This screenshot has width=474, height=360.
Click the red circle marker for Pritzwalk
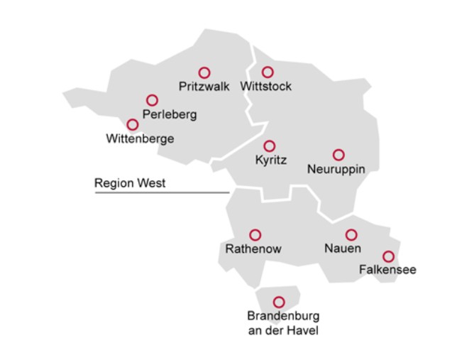click(204, 72)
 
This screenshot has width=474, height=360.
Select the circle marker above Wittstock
click(268, 72)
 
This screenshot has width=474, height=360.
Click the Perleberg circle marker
click(152, 100)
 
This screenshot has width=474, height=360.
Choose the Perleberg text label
click(169, 114)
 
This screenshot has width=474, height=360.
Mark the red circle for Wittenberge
click(132, 125)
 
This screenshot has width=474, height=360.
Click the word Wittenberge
click(140, 139)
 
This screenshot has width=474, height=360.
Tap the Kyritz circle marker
click(270, 146)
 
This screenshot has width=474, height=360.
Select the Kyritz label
click(270, 160)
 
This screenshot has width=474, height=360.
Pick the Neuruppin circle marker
click(338, 155)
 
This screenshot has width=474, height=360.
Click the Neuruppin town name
click(336, 169)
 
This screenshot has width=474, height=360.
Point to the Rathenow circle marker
click(255, 234)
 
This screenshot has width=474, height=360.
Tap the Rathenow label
click(253, 249)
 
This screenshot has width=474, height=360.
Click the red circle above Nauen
click(351, 234)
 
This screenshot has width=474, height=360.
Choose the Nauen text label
click(343, 249)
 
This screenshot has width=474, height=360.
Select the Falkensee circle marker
click(388, 256)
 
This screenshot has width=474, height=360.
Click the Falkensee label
click(387, 270)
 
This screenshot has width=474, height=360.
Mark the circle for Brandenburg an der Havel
click(279, 302)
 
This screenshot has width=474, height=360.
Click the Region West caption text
click(130, 183)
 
